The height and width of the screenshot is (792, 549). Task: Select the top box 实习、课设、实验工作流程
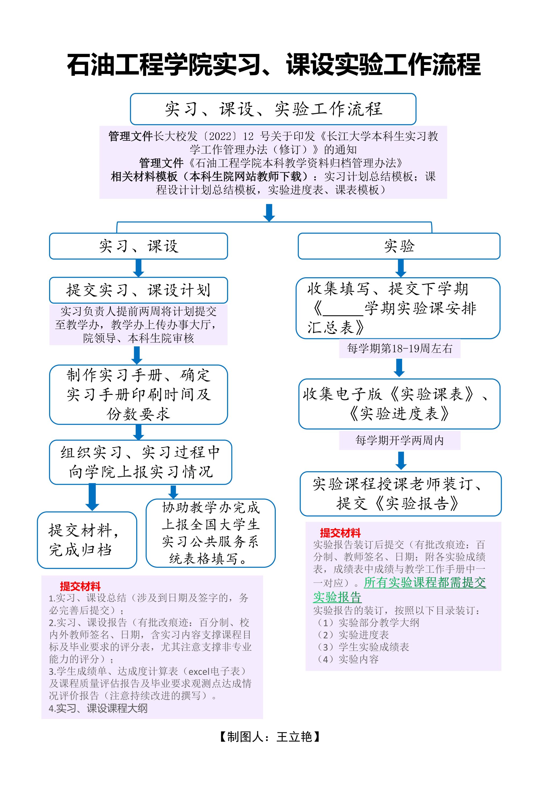pos(273,109)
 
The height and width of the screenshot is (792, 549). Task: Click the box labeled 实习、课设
pos(138,246)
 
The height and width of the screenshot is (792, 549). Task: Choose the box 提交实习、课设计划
pos(138,290)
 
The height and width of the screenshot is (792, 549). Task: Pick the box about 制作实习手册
pos(138,395)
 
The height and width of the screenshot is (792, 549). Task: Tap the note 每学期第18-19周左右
pos(399,348)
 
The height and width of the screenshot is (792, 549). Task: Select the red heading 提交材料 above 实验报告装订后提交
pos(340,533)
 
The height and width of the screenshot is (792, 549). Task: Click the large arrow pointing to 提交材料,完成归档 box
pos(92,497)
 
